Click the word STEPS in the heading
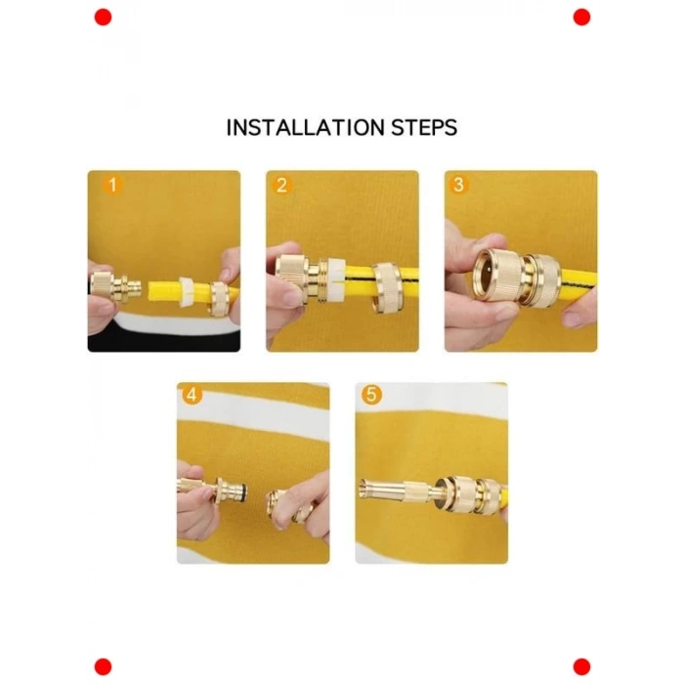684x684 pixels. [424, 127]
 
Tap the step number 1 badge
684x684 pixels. [112, 185]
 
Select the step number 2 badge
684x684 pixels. [281, 186]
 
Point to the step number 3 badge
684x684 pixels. [458, 185]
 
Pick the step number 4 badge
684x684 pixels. [192, 395]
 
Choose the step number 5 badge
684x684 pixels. [371, 395]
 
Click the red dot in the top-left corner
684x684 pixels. [104, 18]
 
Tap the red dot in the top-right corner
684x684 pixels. [581, 18]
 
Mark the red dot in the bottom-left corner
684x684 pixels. [104, 667]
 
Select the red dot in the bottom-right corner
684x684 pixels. [581, 667]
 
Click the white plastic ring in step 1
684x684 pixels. [186, 290]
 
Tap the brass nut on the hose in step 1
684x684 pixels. [220, 298]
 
